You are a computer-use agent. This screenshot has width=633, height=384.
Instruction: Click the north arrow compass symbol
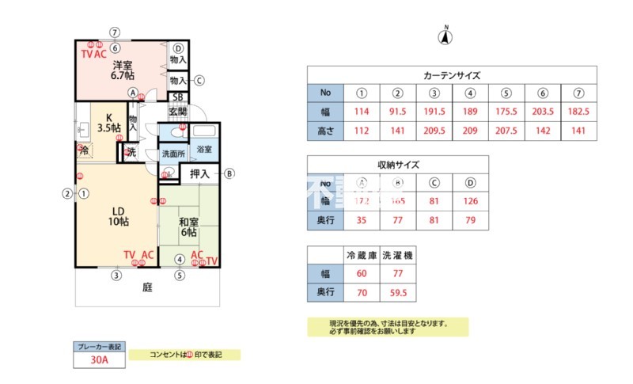[445, 36]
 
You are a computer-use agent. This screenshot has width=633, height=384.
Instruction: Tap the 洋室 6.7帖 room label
[122, 70]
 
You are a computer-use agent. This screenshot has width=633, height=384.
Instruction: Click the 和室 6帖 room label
[188, 227]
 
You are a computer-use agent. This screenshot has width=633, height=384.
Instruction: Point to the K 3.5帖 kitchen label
[108, 121]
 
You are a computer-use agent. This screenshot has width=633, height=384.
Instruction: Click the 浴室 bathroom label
[204, 149]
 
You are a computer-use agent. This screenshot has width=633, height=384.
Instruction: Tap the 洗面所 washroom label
[172, 154]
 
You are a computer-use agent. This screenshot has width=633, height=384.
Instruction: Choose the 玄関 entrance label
[177, 111]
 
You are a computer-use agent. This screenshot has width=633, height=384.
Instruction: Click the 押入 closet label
[199, 174]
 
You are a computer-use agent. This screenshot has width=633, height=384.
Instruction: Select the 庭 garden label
[147, 287]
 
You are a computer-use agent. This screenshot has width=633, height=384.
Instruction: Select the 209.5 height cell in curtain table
[434, 131]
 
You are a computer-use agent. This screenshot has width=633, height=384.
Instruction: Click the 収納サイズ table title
[397, 165]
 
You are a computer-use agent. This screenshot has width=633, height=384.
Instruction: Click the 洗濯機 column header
[398, 256]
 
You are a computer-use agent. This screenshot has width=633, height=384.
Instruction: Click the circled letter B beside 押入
[229, 174]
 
